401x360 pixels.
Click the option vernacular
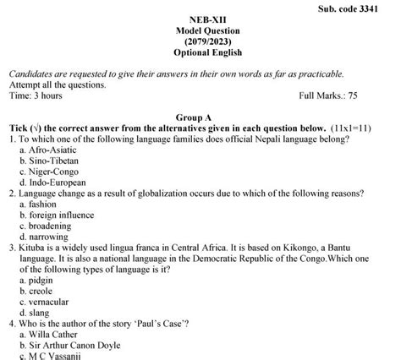pos(50,302)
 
